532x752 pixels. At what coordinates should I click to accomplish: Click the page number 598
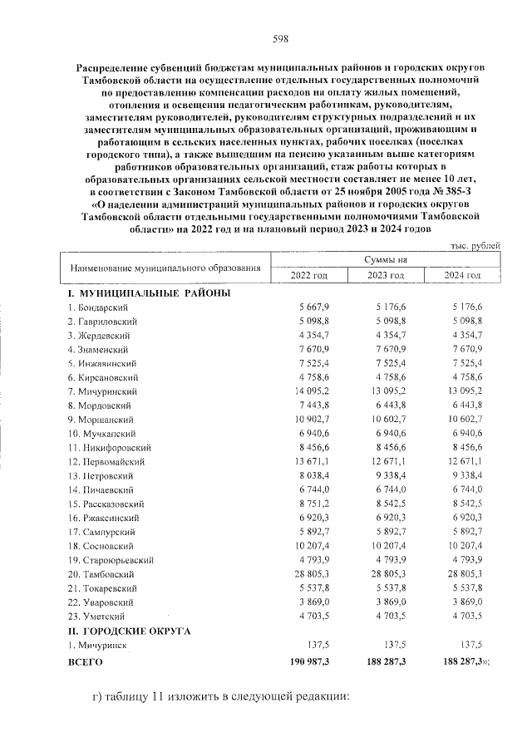(x=281, y=38)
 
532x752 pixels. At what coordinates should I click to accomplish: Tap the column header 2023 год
(x=386, y=276)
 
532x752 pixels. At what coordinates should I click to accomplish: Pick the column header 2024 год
(x=462, y=276)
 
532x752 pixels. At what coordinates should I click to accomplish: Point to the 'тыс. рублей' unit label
(x=475, y=247)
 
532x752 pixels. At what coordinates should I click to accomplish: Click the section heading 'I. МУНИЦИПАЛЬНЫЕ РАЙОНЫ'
(x=149, y=292)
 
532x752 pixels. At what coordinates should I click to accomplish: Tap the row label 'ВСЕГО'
(x=85, y=662)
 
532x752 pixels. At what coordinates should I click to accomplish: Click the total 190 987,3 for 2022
(x=308, y=662)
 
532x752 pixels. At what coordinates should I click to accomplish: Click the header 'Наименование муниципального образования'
(x=165, y=268)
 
